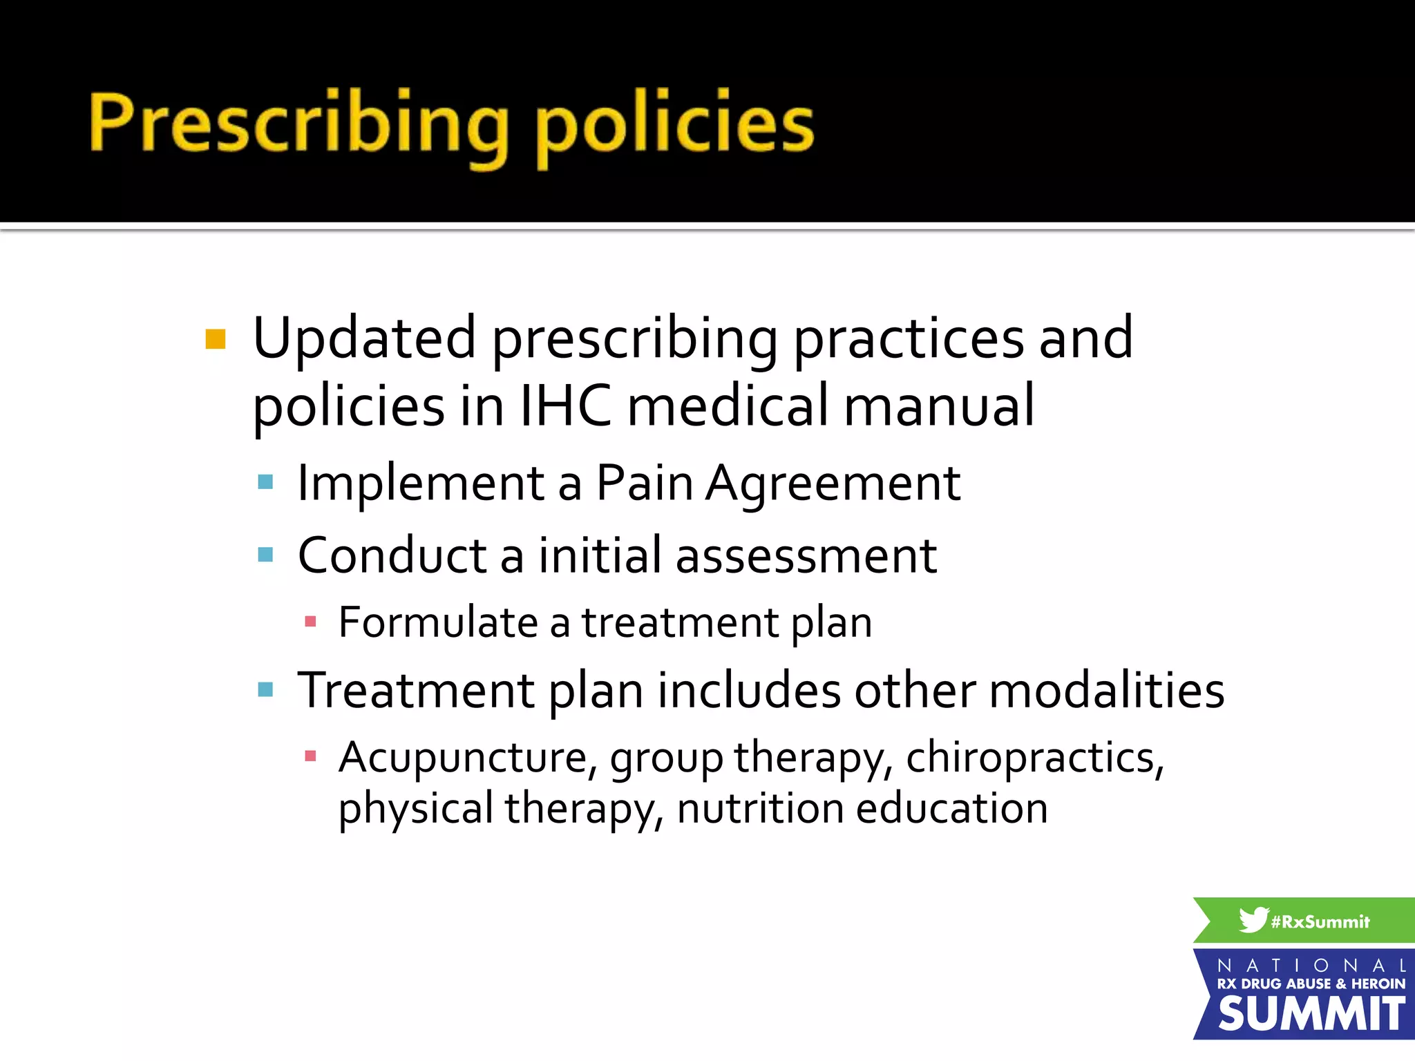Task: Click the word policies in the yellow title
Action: tap(675, 124)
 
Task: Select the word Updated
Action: tap(364, 338)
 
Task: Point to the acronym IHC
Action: tap(565, 406)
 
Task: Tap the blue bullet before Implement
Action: tap(265, 481)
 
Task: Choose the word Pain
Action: tap(644, 482)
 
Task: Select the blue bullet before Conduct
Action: tap(265, 554)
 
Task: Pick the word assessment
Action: tap(806, 555)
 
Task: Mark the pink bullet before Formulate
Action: tap(310, 622)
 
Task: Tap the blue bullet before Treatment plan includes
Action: tap(265, 689)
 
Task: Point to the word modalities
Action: tap(1107, 689)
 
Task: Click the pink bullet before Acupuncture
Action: tap(310, 756)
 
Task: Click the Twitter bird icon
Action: tap(1253, 919)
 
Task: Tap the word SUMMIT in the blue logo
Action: tap(1311, 1014)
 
